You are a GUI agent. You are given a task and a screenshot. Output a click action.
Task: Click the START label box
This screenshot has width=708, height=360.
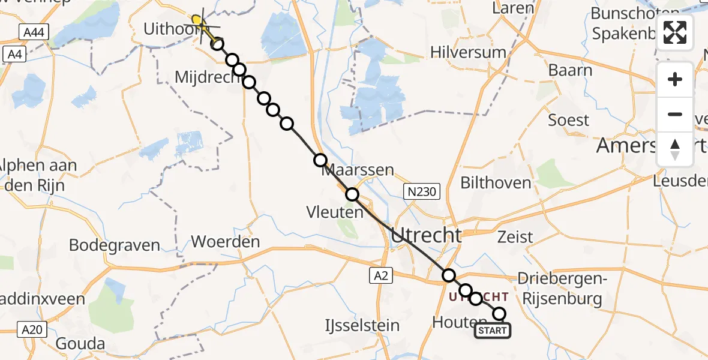coord(493,331)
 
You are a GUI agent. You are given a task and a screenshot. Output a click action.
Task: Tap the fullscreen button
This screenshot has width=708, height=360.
coord(675,32)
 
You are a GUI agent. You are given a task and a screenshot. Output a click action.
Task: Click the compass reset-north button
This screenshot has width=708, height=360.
coord(675,149)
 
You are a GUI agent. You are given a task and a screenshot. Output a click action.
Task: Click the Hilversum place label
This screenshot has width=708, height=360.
coord(468,52)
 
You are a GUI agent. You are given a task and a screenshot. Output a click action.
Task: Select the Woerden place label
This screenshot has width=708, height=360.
coord(226,242)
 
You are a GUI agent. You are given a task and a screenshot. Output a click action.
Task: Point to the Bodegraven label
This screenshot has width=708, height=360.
coord(115,245)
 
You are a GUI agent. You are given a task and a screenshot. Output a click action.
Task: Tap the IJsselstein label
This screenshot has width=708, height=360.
coord(362,326)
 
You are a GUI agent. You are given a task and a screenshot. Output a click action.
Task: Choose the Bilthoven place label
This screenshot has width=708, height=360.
coord(496,182)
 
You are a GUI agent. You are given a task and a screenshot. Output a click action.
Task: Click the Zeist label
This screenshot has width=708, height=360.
coord(515,237)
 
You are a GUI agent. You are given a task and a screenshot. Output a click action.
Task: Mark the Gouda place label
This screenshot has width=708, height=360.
coord(79,344)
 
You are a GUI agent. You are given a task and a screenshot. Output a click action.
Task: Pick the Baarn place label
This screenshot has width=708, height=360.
coord(570,70)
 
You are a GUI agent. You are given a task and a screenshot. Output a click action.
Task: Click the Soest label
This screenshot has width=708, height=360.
coord(569,120)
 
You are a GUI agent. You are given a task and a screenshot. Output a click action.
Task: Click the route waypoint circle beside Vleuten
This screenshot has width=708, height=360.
coord(352,194)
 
